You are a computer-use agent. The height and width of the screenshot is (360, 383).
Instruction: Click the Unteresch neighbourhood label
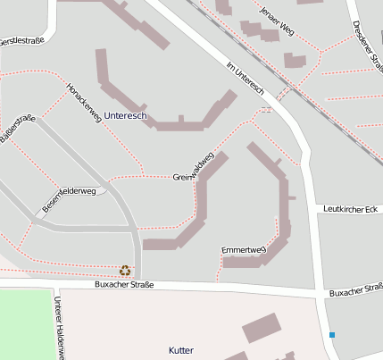(x=125, y=116)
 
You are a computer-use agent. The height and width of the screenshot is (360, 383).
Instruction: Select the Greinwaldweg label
(x=194, y=167)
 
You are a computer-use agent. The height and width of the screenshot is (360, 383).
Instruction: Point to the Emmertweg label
(x=244, y=249)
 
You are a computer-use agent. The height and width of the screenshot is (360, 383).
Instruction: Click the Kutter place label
(x=181, y=350)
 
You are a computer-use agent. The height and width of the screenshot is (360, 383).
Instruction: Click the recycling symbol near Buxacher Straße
(x=125, y=270)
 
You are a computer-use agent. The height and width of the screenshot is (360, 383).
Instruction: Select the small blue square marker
(x=332, y=335)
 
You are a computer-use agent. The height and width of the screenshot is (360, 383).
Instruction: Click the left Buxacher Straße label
(x=124, y=285)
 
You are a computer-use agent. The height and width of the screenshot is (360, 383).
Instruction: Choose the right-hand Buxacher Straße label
(x=355, y=291)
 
